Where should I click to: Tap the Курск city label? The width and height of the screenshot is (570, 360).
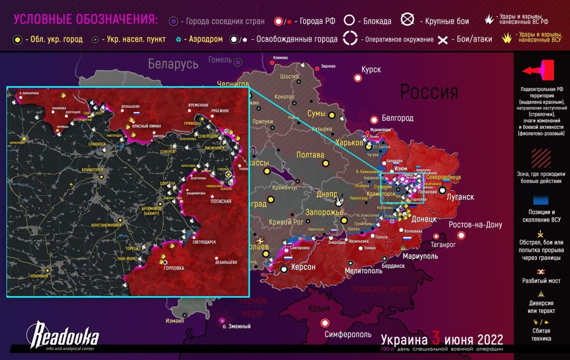click(370, 69)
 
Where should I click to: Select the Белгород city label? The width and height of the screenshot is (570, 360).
click(397, 118)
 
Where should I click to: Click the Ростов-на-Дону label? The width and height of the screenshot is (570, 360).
click(475, 225)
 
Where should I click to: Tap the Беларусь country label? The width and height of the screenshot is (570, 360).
click(173, 63)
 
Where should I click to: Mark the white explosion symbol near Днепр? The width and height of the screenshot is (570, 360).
click(340, 201)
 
